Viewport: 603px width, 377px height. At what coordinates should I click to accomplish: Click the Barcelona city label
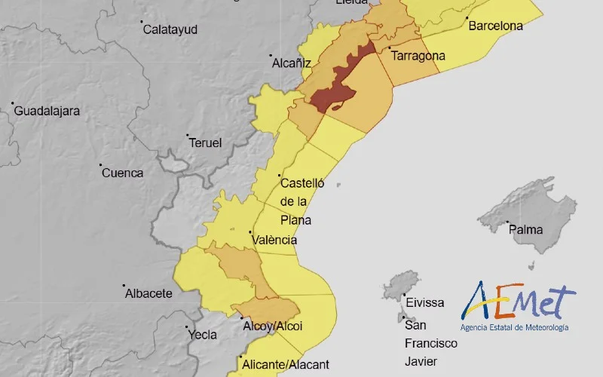point(495,26)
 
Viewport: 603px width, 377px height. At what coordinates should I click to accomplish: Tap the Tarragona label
point(418,56)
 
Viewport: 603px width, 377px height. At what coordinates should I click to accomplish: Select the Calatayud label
point(170,29)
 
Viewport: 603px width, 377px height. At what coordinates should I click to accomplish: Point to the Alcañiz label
point(291,64)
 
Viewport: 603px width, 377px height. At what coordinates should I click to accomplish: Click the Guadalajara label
point(47,111)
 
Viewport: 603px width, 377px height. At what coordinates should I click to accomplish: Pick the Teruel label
point(205,143)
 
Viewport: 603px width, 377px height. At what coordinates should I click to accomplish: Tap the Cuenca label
point(122,173)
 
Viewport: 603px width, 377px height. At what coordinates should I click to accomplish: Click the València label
point(274,240)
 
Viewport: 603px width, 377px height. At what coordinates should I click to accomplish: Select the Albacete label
point(148,293)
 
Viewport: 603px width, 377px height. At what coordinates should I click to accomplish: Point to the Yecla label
point(202,335)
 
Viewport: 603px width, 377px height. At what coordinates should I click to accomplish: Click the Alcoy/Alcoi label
point(273,326)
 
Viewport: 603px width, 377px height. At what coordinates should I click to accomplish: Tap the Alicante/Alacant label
point(286,365)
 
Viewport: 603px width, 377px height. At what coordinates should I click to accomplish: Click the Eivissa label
point(425,302)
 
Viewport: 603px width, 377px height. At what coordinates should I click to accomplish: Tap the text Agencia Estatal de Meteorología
point(515,327)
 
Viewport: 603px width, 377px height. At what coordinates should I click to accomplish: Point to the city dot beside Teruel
point(188,136)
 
